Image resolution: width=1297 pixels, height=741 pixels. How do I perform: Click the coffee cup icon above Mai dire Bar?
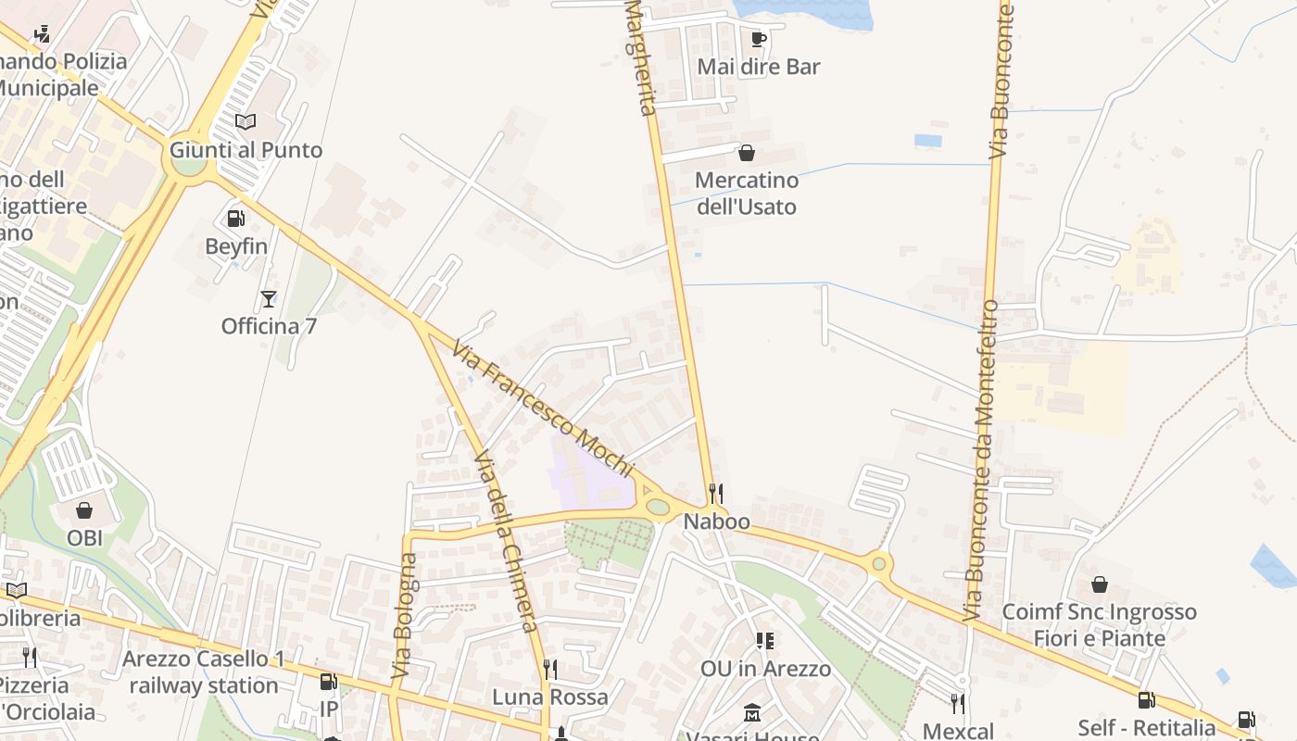coord(758,39)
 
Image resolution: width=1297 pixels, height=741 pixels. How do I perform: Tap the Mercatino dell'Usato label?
coord(746,193)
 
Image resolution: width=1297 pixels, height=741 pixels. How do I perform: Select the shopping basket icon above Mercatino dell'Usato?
coord(746,153)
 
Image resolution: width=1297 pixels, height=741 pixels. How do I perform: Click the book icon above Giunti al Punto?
coord(246,122)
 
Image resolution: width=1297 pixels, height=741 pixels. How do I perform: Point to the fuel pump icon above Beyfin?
coord(235,219)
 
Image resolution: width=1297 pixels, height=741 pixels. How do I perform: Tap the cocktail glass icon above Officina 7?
coord(269,298)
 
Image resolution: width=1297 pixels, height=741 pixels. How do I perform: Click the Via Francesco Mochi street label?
coord(543,408)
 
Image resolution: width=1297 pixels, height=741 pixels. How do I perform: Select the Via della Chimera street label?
coord(506,542)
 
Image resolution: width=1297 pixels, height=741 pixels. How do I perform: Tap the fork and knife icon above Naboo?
coord(715,493)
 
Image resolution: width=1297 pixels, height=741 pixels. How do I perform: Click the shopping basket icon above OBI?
coord(84,510)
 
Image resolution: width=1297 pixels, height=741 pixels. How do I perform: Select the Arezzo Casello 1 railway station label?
coord(204,672)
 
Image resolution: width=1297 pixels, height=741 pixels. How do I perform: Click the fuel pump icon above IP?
coord(328,682)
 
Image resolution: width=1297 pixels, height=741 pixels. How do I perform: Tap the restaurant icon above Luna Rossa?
coord(549,669)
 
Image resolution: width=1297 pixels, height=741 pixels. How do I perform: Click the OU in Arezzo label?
coord(765,668)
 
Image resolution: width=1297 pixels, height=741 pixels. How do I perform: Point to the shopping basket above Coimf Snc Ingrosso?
coord(1099,584)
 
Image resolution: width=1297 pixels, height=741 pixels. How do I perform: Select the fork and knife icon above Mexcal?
coord(958,704)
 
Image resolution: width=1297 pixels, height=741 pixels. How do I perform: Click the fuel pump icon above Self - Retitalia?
coord(1146,700)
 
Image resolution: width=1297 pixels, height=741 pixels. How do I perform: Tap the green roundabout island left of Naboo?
coord(658,507)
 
